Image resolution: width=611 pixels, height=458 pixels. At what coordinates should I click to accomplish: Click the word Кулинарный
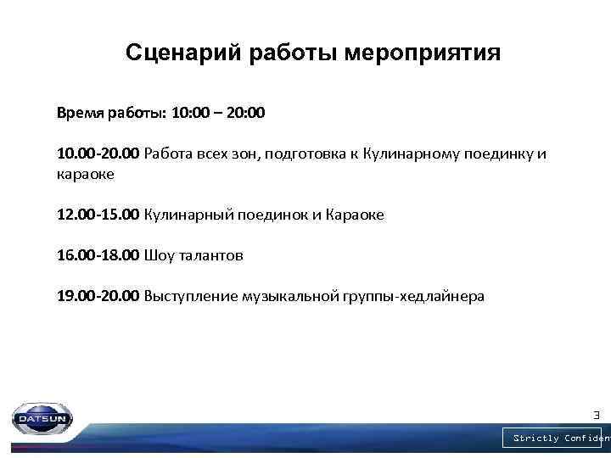184,215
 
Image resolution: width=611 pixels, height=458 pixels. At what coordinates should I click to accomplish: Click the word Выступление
191,296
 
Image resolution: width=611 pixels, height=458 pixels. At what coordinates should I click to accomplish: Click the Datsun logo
42,417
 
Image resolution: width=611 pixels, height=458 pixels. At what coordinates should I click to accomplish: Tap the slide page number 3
596,415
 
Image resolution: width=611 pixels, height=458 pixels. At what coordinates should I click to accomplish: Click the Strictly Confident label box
557,438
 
